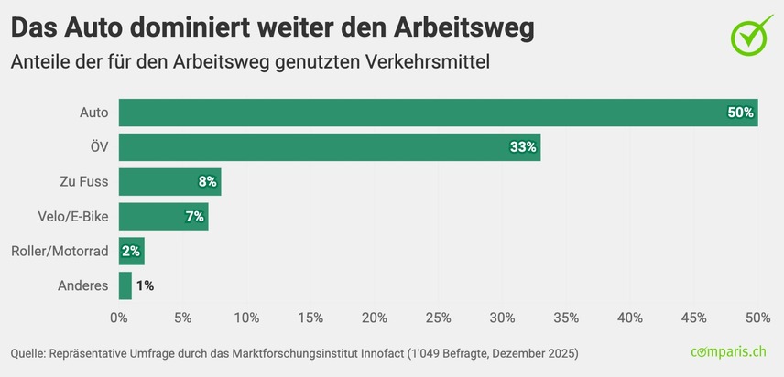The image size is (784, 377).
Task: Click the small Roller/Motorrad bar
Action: (131, 251)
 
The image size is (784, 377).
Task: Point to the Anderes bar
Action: (125, 285)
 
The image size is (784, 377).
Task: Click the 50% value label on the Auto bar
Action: (740, 113)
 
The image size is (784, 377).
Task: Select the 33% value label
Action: (523, 147)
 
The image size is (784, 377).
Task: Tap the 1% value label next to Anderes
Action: (145, 285)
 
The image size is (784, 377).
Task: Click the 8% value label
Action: (207, 181)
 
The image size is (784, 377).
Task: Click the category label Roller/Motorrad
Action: (60, 251)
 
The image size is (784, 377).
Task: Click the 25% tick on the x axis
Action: (438, 318)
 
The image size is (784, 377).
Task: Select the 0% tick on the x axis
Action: (119, 318)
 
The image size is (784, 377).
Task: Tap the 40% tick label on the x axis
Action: (629, 318)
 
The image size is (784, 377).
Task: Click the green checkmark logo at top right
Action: (752, 33)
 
